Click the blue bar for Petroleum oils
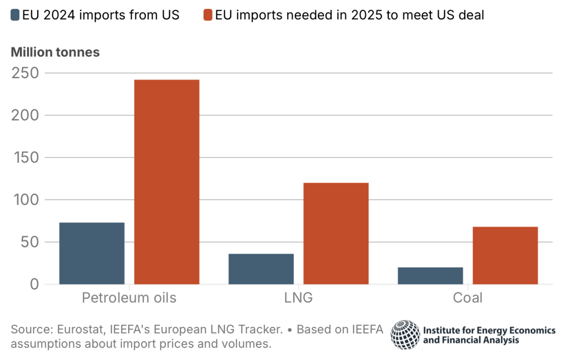pyautogui.click(x=92, y=253)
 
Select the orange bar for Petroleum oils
pyautogui.click(x=167, y=182)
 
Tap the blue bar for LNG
pyautogui.click(x=261, y=269)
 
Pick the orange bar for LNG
pyautogui.click(x=336, y=233)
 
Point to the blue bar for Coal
pyautogui.click(x=430, y=276)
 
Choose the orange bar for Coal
pyautogui.click(x=505, y=255)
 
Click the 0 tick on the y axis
pyautogui.click(x=35, y=285)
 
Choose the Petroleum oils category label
pyautogui.click(x=129, y=298)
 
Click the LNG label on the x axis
pyautogui.click(x=298, y=298)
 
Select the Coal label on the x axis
pyautogui.click(x=468, y=298)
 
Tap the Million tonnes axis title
pyautogui.click(x=55, y=52)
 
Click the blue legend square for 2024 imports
pyautogui.click(x=15, y=15)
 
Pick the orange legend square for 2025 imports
pyautogui.click(x=208, y=15)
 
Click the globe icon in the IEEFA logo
pyautogui.click(x=405, y=334)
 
